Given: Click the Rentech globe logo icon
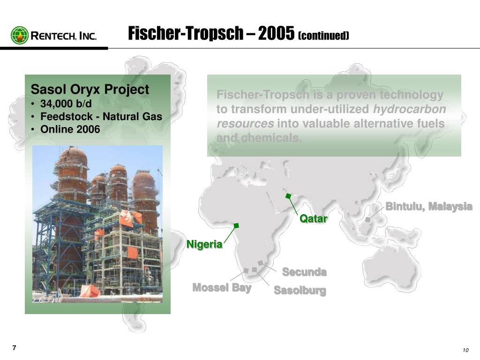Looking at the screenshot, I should [x=20, y=35].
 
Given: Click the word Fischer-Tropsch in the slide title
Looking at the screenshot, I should [x=186, y=34].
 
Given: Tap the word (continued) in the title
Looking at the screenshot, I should [x=323, y=36].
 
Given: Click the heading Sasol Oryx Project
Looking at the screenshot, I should [x=90, y=89].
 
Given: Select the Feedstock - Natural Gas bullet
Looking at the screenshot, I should [x=101, y=116].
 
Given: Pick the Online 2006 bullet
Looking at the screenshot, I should [x=70, y=129].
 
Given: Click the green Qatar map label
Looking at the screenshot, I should [x=313, y=218].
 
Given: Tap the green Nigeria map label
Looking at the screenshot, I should [x=204, y=244].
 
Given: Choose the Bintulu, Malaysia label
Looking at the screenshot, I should [x=428, y=207].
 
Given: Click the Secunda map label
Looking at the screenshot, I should [x=304, y=272].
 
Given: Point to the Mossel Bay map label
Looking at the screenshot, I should [x=222, y=287].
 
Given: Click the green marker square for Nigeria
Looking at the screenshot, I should [x=237, y=226].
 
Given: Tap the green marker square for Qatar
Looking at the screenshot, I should [x=289, y=196].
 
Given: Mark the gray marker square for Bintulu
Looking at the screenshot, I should [x=368, y=219].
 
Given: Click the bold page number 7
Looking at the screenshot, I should [x=14, y=347].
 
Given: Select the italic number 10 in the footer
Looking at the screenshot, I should [x=465, y=352].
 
